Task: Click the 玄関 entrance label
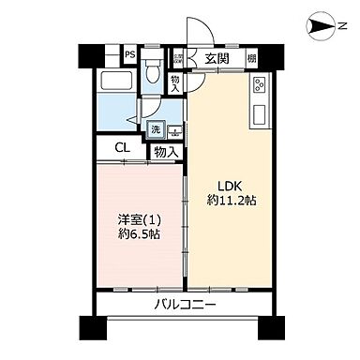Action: point(217,58)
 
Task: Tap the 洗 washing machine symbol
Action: point(157,127)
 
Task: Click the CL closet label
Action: point(122,148)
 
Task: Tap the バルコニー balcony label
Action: point(185,306)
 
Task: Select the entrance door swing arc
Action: point(196,30)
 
